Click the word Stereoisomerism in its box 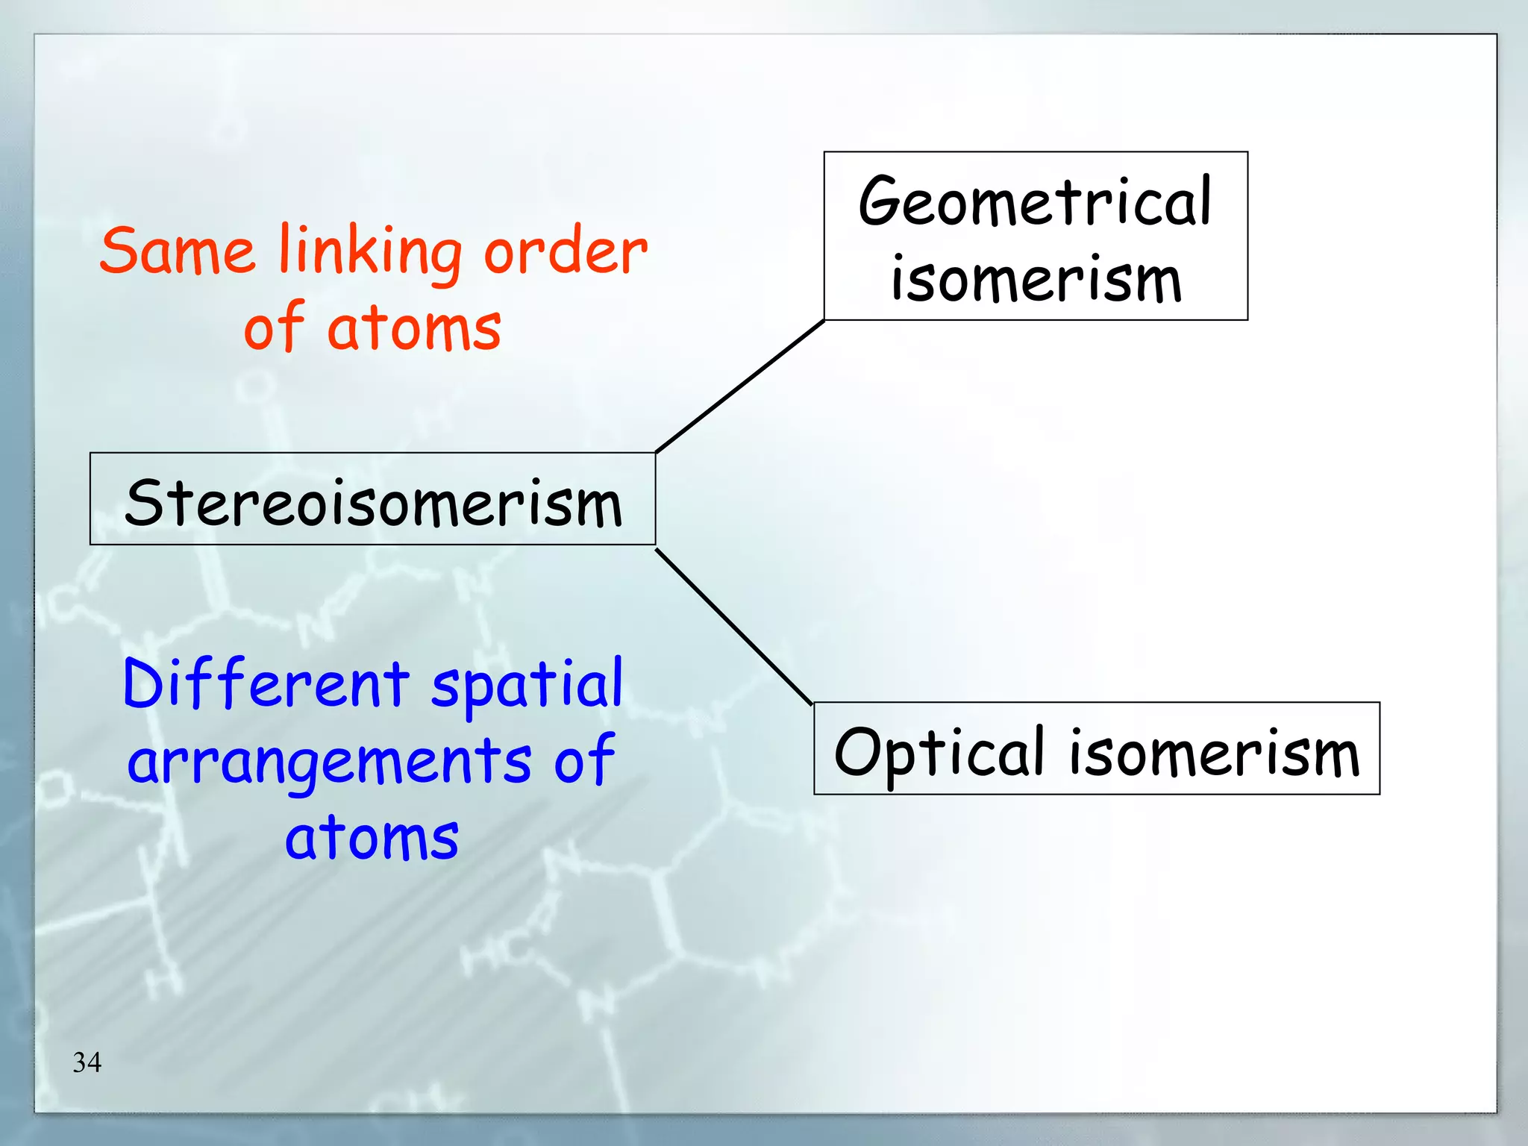click(373, 502)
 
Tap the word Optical click(939, 752)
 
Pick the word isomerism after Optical click(1214, 752)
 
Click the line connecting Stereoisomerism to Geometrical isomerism click(739, 386)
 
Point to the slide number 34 click(87, 1062)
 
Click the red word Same click(178, 251)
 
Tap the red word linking click(370, 252)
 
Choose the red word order click(566, 251)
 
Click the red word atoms click(414, 328)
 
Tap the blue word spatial click(527, 685)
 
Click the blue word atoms click(372, 838)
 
